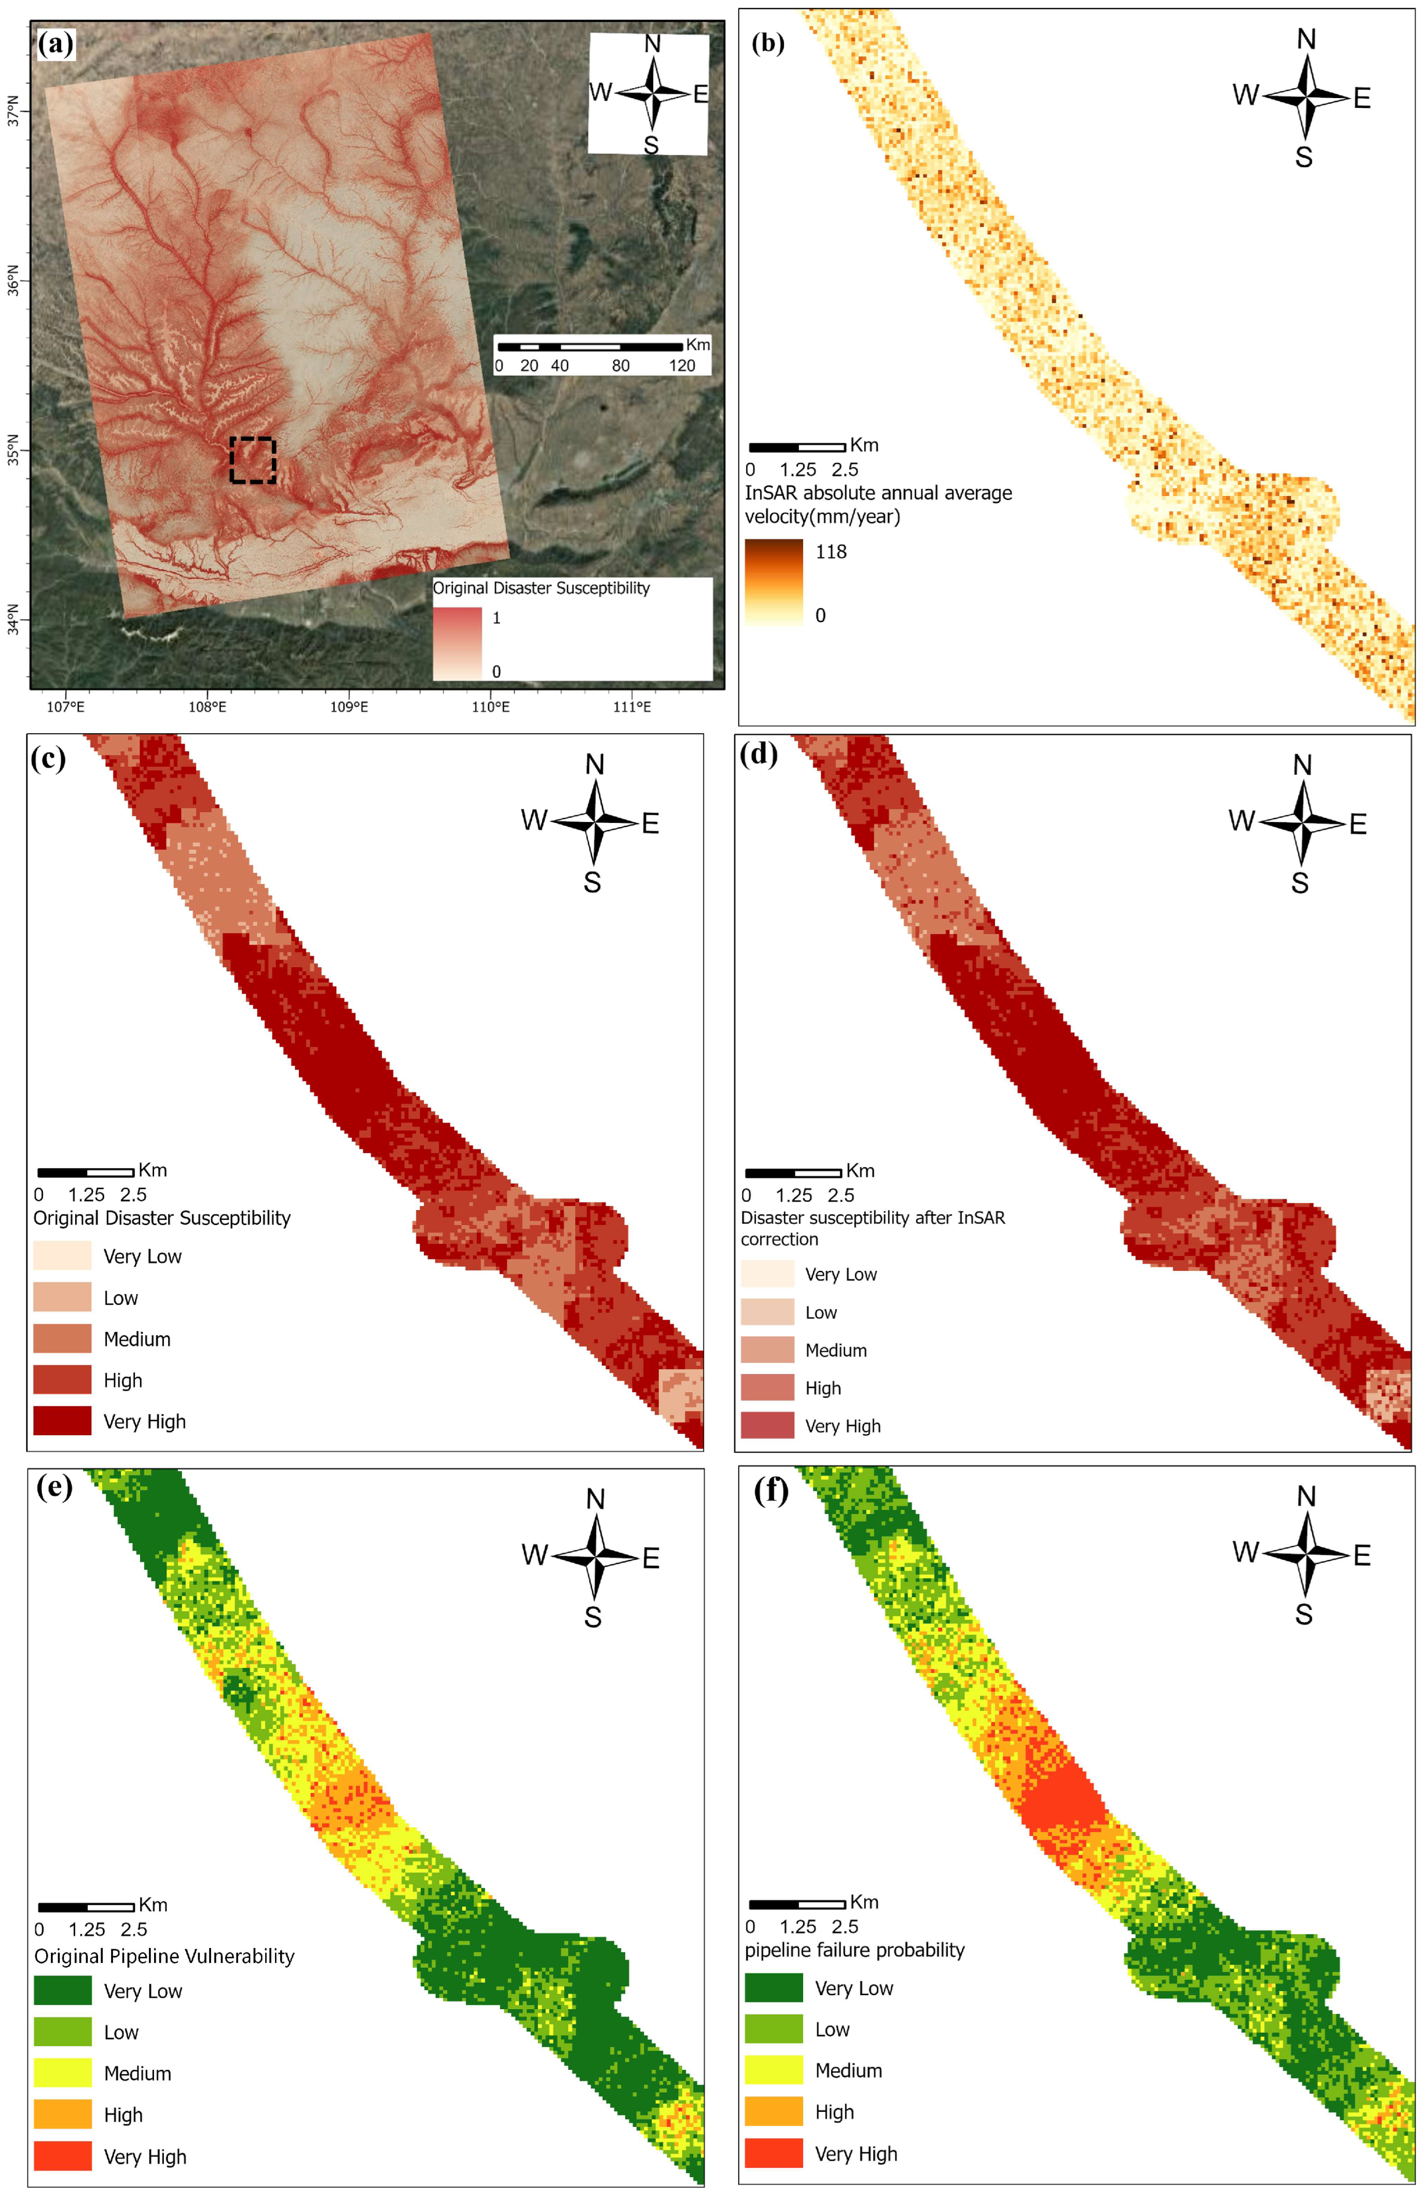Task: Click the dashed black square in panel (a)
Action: click(x=253, y=460)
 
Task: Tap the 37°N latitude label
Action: click(x=13, y=111)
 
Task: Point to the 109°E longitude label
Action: click(x=349, y=707)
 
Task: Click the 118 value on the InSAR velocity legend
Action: click(x=830, y=552)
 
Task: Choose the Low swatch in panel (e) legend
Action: click(x=63, y=2031)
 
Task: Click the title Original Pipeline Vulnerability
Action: click(x=164, y=1956)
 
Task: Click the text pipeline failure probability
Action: click(x=854, y=1950)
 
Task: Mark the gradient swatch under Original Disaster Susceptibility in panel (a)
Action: click(x=458, y=642)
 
